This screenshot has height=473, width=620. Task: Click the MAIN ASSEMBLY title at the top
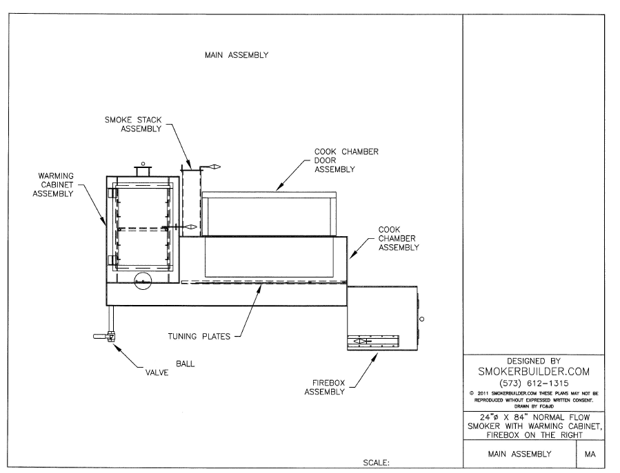coord(237,55)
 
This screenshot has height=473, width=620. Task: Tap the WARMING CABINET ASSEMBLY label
coord(56,185)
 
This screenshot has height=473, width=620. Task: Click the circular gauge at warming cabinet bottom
coord(143,280)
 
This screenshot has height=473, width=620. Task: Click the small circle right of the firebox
coord(421,319)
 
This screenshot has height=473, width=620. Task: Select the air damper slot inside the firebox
coord(372,341)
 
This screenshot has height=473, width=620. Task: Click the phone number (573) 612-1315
coord(533,383)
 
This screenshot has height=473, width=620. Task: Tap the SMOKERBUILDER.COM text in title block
coord(533,371)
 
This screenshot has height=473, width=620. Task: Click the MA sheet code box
coord(590,454)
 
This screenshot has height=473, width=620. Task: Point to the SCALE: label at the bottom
coord(376,463)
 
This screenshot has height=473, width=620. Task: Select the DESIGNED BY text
coord(533,360)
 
